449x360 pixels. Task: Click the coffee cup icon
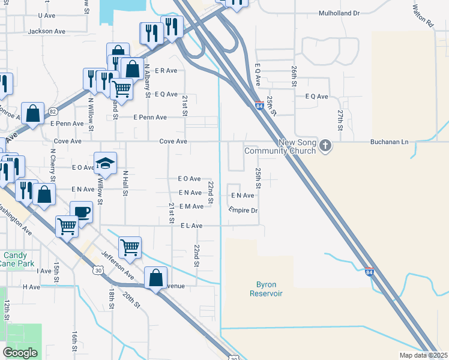tap(81, 212)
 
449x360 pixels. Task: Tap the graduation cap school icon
tap(105, 163)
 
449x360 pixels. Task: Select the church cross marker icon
tap(325, 145)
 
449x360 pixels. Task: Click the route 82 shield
tap(53, 112)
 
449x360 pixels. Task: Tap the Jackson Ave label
tap(46, 31)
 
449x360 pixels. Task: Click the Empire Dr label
tap(243, 211)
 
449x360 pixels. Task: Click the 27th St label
tap(340, 120)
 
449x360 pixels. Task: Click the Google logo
tap(20, 353)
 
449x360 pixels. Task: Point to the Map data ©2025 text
tap(423, 355)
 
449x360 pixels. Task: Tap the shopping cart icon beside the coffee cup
tap(67, 226)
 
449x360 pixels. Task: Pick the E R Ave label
tap(166, 70)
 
